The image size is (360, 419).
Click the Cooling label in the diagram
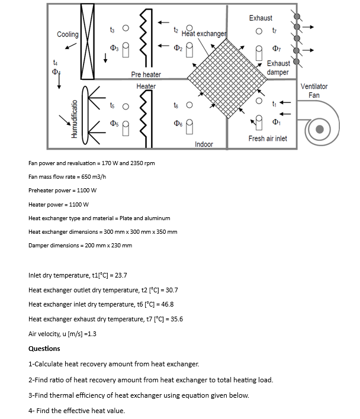pos(67,35)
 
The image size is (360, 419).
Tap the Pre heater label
pos(146,75)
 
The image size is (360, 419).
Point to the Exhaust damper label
pos(278,67)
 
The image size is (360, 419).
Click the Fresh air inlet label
pos(268,138)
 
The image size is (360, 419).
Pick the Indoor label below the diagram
pos(204,144)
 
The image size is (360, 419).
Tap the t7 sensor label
pos(273,30)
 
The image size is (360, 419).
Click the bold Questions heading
pos(44,349)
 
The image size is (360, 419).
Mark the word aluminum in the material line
pos(157,218)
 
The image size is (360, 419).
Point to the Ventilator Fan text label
pos(314,91)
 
